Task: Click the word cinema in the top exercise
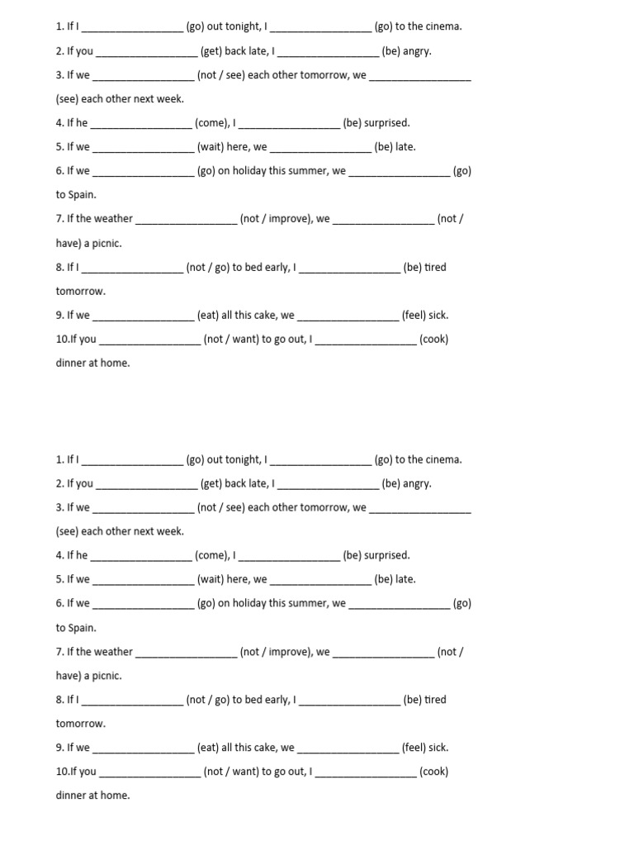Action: point(443,26)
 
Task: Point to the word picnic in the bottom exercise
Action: point(105,676)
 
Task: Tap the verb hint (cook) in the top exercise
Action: point(433,339)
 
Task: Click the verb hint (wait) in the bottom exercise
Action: point(211,580)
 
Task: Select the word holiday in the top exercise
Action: point(251,171)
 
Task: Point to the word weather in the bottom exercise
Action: point(113,652)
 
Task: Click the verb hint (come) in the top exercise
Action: point(211,123)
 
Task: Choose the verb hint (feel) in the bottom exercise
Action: point(413,748)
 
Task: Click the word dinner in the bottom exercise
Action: point(72,796)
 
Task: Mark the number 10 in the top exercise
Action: point(62,339)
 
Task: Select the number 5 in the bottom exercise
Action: point(59,580)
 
